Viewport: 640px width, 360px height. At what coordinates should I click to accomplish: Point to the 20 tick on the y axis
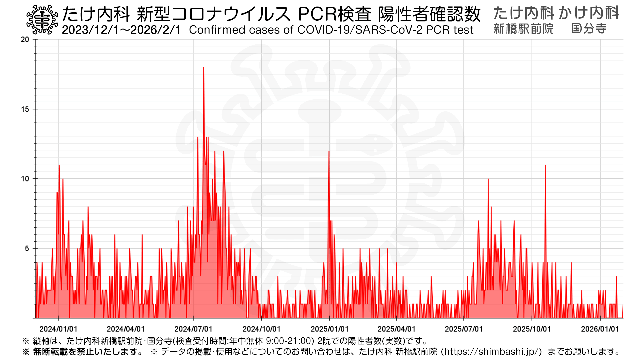pyautogui.click(x=25, y=40)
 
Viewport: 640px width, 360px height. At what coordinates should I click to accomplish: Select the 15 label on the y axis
pyautogui.click(x=25, y=109)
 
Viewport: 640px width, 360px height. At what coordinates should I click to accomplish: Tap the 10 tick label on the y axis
pyautogui.click(x=25, y=179)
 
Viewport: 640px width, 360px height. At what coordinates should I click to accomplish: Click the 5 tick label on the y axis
pyautogui.click(x=27, y=249)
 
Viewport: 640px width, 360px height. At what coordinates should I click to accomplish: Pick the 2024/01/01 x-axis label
pyautogui.click(x=58, y=329)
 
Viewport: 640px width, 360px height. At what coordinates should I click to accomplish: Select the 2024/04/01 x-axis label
pyautogui.click(x=126, y=329)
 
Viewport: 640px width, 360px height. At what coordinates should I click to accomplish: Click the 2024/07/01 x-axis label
pyautogui.click(x=193, y=329)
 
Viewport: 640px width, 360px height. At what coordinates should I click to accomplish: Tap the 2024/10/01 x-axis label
pyautogui.click(x=261, y=329)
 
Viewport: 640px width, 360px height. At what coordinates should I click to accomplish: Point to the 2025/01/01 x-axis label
pyautogui.click(x=329, y=329)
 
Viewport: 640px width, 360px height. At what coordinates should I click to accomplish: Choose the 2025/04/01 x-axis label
pyautogui.click(x=396, y=329)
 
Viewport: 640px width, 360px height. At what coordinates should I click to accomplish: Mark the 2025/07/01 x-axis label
pyautogui.click(x=464, y=329)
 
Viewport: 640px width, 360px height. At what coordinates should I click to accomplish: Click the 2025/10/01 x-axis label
pyautogui.click(x=532, y=329)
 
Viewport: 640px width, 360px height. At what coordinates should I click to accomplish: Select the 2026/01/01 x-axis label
pyautogui.click(x=600, y=329)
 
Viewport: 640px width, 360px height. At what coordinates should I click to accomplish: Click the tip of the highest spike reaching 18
pyautogui.click(x=204, y=68)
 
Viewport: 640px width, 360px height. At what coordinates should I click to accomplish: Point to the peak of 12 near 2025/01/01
pyautogui.click(x=329, y=151)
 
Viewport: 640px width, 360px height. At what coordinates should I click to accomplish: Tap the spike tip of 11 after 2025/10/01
pyautogui.click(x=545, y=165)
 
